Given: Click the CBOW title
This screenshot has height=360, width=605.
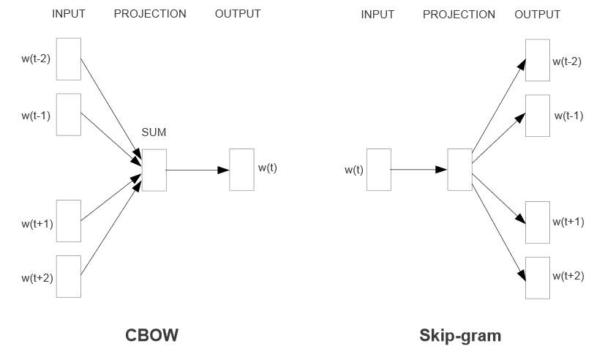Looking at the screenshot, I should click(x=152, y=335).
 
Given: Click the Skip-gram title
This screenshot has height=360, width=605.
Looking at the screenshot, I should click(x=460, y=335).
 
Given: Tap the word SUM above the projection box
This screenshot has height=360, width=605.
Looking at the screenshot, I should click(x=154, y=132).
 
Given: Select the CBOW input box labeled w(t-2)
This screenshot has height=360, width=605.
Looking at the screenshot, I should click(x=68, y=58).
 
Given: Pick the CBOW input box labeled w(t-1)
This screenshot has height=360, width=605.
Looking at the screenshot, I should click(x=68, y=114).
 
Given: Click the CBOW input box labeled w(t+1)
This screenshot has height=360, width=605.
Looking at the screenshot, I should click(x=68, y=220).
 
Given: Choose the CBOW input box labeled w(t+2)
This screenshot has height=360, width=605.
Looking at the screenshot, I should click(x=68, y=276).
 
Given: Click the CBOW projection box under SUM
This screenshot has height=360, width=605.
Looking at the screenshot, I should click(x=154, y=170).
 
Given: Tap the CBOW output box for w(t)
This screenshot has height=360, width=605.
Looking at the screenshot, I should click(x=241, y=170).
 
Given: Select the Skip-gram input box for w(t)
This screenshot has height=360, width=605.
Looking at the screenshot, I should click(x=378, y=170).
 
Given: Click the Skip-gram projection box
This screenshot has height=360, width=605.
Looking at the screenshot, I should click(x=459, y=170).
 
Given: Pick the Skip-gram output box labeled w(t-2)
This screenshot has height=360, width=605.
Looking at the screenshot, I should click(x=537, y=60).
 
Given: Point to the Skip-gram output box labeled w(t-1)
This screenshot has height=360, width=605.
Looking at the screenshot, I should click(x=537, y=115).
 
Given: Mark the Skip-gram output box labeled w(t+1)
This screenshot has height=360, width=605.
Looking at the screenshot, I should click(x=537, y=221).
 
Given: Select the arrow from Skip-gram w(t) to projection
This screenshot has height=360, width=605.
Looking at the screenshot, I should click(x=418, y=170).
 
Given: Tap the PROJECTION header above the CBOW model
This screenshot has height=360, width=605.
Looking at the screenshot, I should click(x=150, y=14).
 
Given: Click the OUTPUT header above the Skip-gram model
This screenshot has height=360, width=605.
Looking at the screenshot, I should click(x=538, y=15).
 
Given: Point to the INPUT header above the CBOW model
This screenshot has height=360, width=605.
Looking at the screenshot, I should click(x=69, y=14).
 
